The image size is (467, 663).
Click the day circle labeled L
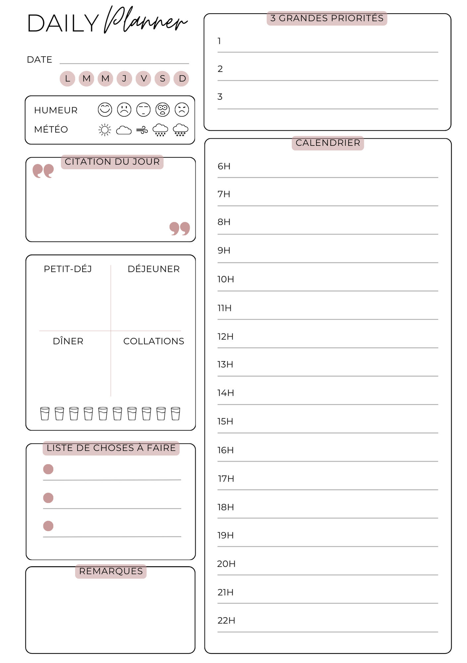click(x=68, y=79)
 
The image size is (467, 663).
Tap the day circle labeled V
click(x=144, y=79)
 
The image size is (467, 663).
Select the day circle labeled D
click(x=182, y=79)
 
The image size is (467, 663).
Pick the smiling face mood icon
click(x=105, y=109)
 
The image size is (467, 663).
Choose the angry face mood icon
click(x=182, y=109)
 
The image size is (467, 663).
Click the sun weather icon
click(x=105, y=130)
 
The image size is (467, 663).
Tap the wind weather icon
click(x=142, y=130)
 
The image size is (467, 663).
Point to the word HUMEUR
click(x=56, y=110)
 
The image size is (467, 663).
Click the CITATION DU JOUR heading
click(x=112, y=162)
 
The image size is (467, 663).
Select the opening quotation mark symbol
click(x=43, y=171)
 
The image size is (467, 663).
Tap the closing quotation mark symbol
click(x=180, y=228)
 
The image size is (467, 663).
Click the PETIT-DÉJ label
click(x=68, y=269)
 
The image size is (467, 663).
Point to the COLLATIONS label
click(x=153, y=341)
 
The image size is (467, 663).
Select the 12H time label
click(x=225, y=336)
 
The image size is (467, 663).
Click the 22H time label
click(x=226, y=621)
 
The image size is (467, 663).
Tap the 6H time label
click(x=224, y=166)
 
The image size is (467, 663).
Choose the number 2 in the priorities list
click(x=220, y=69)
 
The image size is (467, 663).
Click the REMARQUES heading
click(x=111, y=571)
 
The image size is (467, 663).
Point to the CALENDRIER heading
click(x=328, y=143)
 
